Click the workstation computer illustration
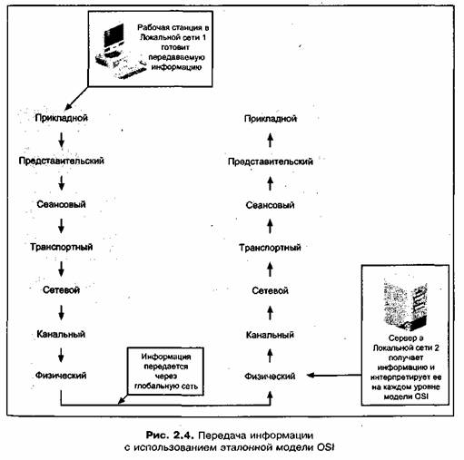[x=121, y=52]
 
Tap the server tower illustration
[x=405, y=306]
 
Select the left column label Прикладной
[x=62, y=118]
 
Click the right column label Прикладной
[x=271, y=119]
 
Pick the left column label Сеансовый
[x=61, y=204]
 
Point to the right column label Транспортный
[x=270, y=248]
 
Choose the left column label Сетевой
[x=61, y=290]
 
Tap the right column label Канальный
[x=270, y=335]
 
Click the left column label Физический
[x=61, y=376]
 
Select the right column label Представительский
[x=271, y=161]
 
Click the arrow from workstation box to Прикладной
[x=76, y=98]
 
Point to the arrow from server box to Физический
[x=334, y=376]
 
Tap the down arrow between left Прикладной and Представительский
[x=62, y=140]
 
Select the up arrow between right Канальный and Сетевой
[x=271, y=312]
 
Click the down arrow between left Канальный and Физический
[x=61, y=355]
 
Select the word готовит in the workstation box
[x=175, y=47]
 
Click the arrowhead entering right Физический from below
[x=271, y=395]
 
